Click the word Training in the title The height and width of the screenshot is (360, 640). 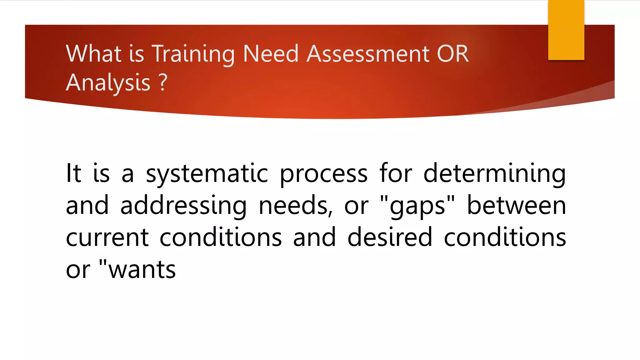point(193,54)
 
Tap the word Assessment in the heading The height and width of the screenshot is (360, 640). point(367,54)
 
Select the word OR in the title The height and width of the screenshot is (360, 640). point(453,54)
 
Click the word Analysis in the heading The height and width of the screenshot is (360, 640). point(108,83)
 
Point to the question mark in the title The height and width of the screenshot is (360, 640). point(163,83)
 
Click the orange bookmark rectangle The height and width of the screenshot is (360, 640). point(566,30)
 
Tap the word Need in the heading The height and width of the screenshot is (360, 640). point(271,54)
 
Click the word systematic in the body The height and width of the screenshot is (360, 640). point(207,174)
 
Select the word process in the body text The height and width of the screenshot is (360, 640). point(323,174)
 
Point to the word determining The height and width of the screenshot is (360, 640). point(494,174)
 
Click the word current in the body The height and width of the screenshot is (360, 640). point(107,238)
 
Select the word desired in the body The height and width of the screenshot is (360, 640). point(390,238)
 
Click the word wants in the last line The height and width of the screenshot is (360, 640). point(142,270)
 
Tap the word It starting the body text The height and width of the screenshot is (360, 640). point(73,174)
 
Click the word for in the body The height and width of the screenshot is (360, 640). point(396,174)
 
